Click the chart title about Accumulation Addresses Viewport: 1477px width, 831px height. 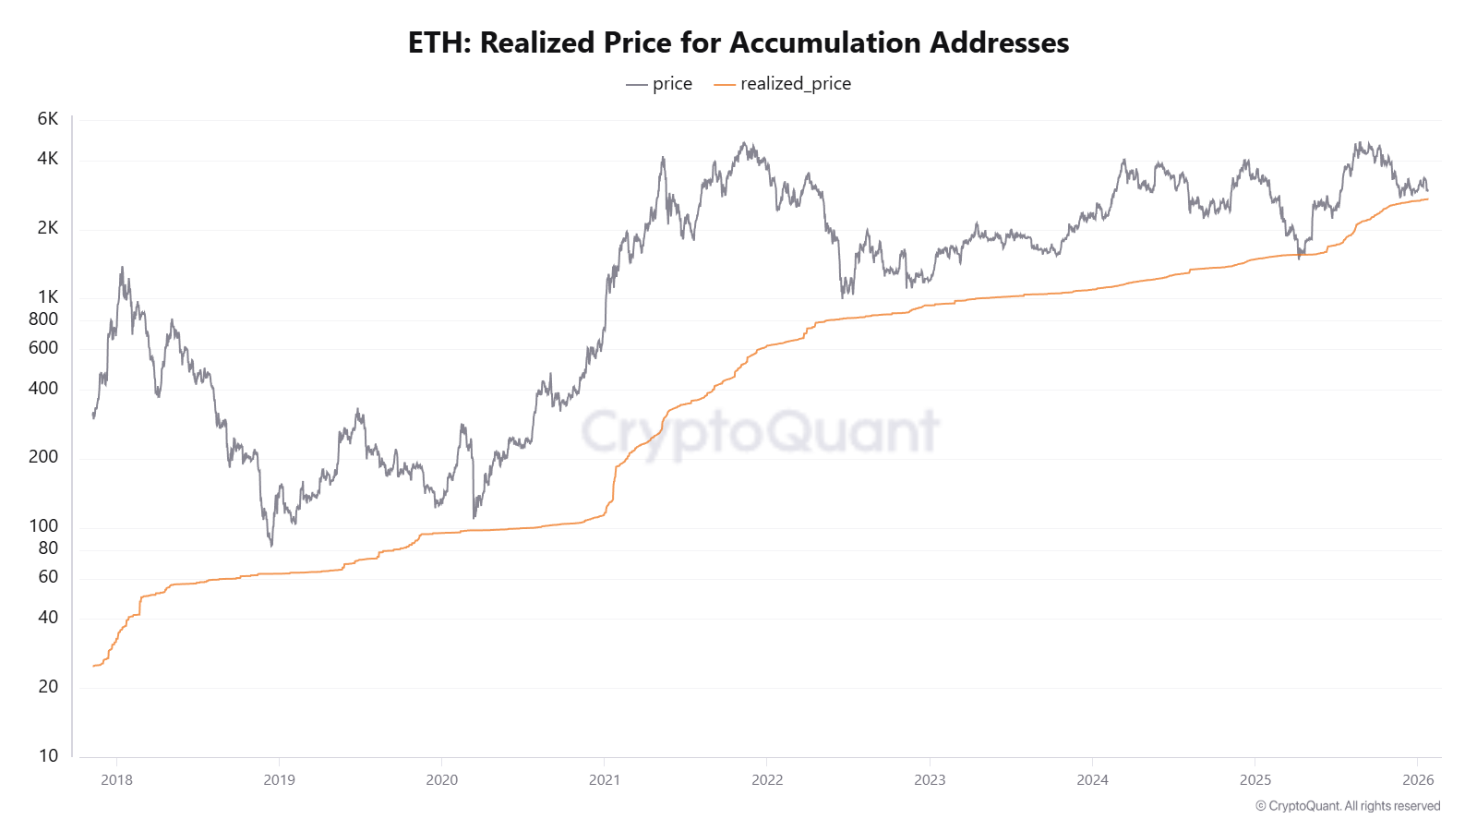pos(738,42)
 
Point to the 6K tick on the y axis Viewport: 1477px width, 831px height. pos(48,119)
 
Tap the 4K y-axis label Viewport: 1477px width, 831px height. pos(48,159)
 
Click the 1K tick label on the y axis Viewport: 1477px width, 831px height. pos(48,297)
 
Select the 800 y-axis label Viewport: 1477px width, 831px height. pos(43,319)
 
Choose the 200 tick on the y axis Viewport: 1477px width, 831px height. pos(43,457)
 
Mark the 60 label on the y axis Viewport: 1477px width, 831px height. pos(48,577)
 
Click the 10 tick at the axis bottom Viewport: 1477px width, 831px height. pos(48,756)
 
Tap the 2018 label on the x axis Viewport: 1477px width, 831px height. pos(116,780)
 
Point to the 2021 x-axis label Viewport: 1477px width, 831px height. pos(605,780)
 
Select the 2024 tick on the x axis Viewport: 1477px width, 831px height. pos(1092,780)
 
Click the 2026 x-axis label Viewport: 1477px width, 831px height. pos(1418,780)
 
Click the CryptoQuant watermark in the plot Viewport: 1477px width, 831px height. pos(760,431)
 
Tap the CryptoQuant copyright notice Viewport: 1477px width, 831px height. pos(1348,806)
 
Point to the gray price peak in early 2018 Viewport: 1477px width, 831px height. pos(122,269)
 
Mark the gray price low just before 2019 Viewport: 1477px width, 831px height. pos(271,545)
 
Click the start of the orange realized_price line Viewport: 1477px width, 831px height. pos(94,666)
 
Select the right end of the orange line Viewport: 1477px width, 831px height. pos(1427,199)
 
